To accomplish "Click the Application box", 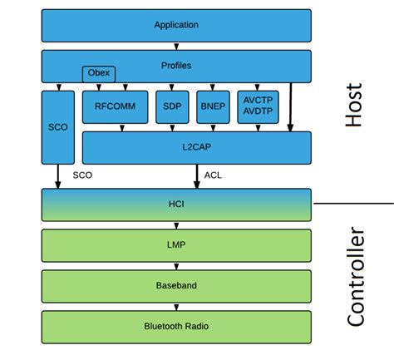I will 176,25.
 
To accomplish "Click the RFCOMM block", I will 115,106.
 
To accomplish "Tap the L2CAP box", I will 196,147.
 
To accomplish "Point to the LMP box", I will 176,245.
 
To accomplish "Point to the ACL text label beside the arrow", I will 214,175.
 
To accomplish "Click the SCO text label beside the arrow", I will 82,175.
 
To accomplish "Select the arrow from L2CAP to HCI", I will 197,175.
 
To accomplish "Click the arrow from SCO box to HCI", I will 58,175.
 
